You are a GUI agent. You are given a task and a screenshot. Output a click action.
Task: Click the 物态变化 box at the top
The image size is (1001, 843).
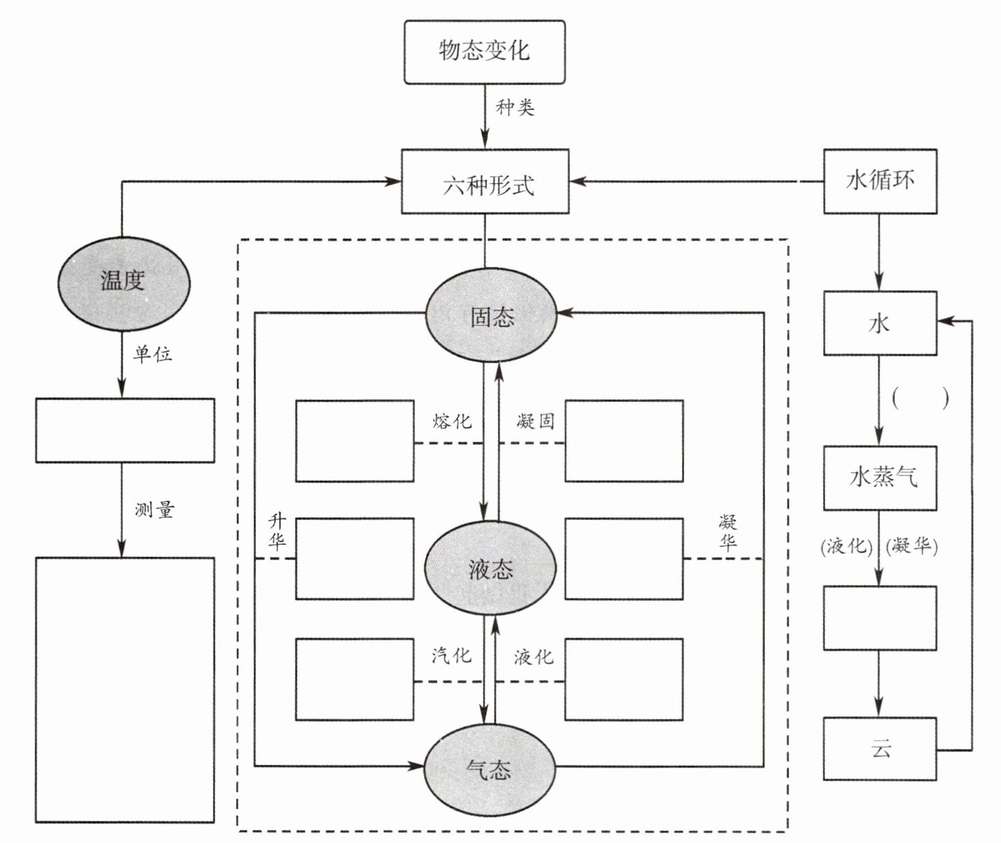[x=484, y=52]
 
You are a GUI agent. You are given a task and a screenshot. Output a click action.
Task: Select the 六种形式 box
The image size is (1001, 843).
[x=485, y=181]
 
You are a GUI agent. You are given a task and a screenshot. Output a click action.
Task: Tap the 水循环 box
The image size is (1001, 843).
[x=880, y=181]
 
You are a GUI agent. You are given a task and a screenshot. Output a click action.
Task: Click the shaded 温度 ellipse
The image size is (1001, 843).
[x=122, y=281]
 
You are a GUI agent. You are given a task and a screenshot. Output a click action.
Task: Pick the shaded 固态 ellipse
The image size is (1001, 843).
[x=490, y=316]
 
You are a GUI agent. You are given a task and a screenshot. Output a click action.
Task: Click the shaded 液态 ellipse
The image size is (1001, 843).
[x=490, y=568]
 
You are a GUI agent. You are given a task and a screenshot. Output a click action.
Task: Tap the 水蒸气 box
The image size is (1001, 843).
[x=880, y=478]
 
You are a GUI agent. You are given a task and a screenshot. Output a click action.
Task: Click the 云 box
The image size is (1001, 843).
[x=880, y=749]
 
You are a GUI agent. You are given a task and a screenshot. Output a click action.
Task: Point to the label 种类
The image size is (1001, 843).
[x=515, y=108]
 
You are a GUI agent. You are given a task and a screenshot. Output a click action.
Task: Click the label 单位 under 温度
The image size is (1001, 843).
[x=152, y=354]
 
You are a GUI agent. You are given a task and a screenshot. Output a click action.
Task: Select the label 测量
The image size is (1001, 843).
[x=154, y=510]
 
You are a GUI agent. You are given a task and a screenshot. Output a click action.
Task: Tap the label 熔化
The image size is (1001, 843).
[x=452, y=420]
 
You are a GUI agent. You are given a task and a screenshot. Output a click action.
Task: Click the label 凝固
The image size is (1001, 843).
[x=535, y=420]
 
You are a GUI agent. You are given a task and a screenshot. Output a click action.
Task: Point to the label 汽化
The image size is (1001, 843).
[x=451, y=655]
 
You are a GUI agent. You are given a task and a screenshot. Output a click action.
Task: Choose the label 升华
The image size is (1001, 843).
[x=277, y=532]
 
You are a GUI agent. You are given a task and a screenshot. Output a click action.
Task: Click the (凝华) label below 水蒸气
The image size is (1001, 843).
[x=912, y=546]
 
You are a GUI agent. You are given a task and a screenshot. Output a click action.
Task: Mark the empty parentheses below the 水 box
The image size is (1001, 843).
[x=920, y=400]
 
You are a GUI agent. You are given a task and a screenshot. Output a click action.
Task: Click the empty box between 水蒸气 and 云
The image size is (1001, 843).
[x=880, y=618]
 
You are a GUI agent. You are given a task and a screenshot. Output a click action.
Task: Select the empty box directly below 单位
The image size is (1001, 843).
[x=125, y=430]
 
